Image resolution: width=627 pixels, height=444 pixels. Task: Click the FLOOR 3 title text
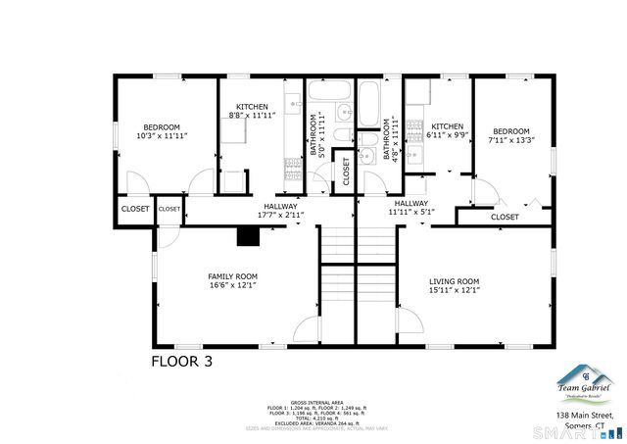coord(181,361)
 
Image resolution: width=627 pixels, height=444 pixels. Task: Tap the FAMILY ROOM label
coord(232,281)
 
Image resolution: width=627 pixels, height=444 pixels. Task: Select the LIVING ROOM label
coord(454,285)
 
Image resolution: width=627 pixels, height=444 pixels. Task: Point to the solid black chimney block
coord(248,236)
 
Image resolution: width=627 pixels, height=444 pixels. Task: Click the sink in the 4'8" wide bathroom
coord(367,155)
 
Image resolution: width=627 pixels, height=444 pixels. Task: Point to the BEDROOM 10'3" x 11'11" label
coord(162,131)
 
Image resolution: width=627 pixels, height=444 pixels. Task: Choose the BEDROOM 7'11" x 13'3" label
coord(510,136)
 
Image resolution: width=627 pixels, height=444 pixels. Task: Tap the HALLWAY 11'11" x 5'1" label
coord(411,207)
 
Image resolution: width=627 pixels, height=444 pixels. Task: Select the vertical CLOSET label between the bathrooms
coord(345,171)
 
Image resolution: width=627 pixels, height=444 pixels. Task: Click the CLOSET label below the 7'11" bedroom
coord(505,217)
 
